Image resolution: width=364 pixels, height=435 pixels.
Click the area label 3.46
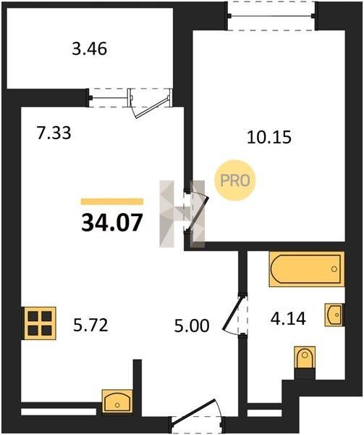tap(90, 49)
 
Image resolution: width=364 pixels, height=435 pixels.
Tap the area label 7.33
tap(54, 133)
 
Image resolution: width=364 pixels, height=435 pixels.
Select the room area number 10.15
tap(269, 137)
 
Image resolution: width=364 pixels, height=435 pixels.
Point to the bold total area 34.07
tap(112, 223)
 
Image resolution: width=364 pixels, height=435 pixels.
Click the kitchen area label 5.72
tap(90, 325)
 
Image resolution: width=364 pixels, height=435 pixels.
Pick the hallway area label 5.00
tap(192, 326)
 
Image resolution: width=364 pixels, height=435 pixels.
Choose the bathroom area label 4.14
tap(288, 318)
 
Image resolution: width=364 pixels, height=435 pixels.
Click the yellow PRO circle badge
tap(234, 181)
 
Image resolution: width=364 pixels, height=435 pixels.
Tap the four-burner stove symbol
tap(40, 323)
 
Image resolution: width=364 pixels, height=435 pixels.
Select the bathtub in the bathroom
tap(307, 269)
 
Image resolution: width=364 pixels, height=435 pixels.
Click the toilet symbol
tap(305, 359)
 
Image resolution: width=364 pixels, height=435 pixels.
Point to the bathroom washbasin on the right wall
tap(334, 315)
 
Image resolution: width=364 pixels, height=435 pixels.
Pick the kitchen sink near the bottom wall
tap(117, 401)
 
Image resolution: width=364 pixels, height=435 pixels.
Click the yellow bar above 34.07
tap(112, 202)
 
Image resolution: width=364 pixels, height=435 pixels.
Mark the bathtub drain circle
tap(334, 269)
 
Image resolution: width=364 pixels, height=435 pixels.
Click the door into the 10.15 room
tap(197, 212)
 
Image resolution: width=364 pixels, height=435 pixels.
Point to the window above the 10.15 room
tap(271, 16)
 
